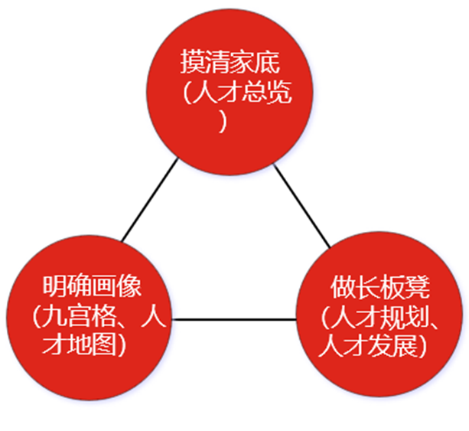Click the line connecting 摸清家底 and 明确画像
[x=150, y=201]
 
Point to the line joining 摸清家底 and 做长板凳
[x=301, y=205]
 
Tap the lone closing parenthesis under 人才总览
[x=223, y=122]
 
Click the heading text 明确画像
[x=92, y=288]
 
